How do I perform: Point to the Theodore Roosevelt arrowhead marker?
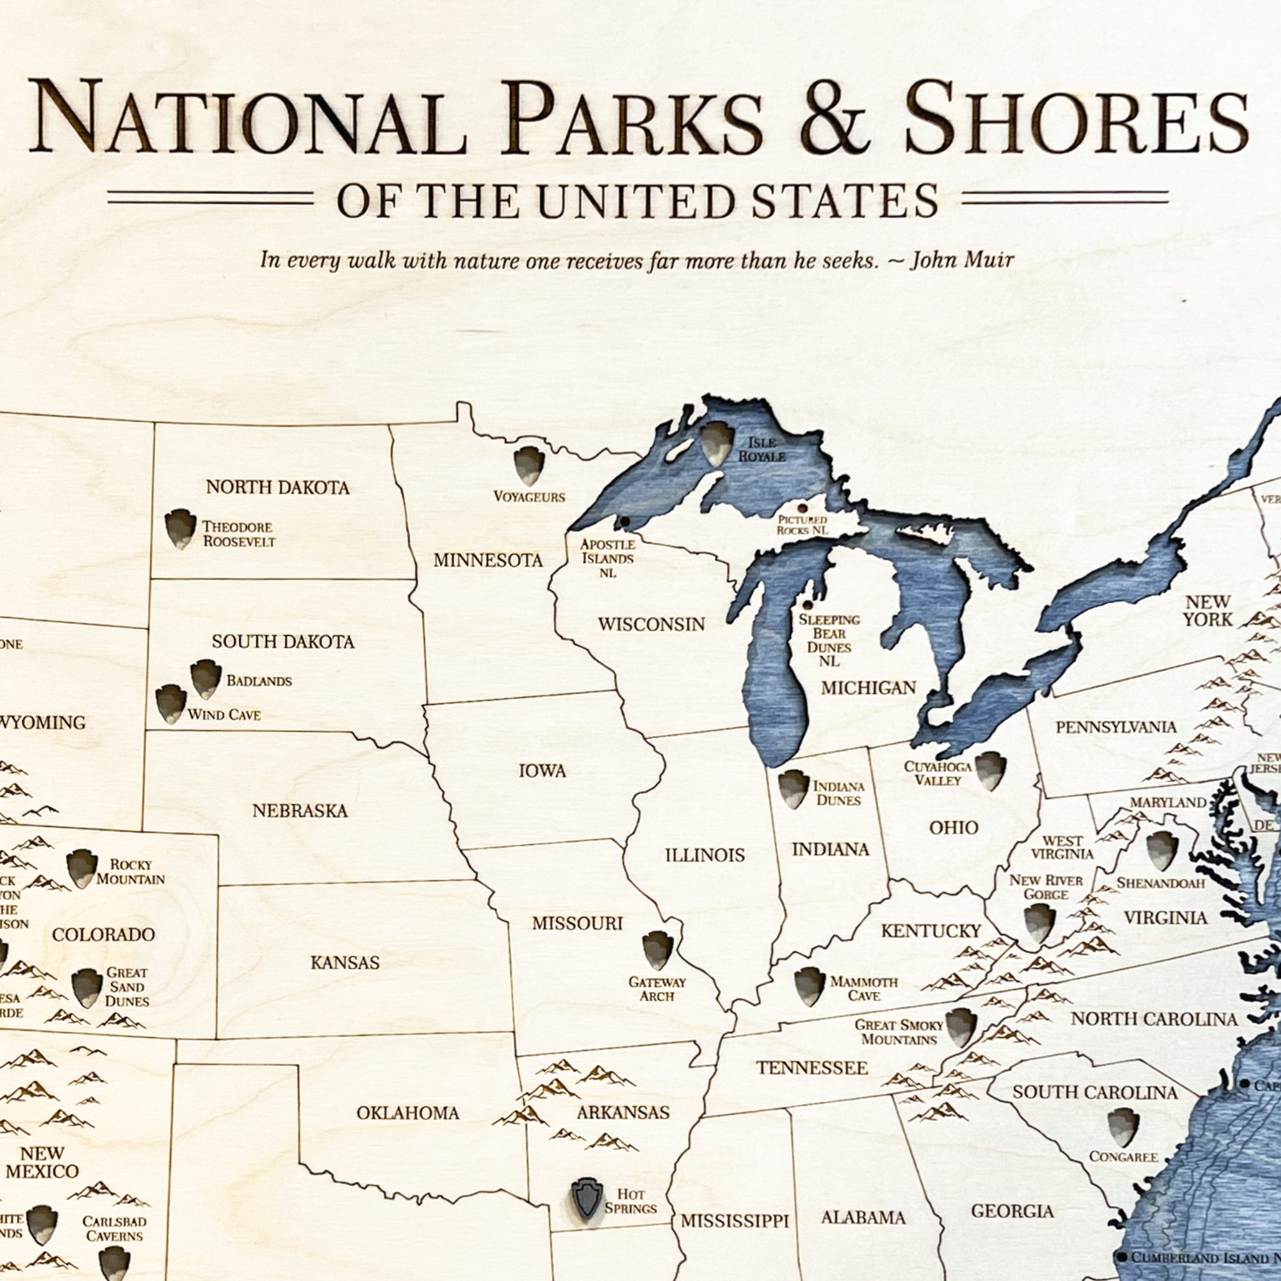click(180, 528)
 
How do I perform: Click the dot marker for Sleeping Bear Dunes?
click(808, 605)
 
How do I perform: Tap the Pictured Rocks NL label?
click(803, 525)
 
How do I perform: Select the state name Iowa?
click(542, 771)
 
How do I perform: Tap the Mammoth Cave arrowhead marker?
click(809, 986)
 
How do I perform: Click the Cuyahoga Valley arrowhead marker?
click(990, 770)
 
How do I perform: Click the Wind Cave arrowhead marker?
click(170, 704)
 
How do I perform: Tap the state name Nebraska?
click(300, 810)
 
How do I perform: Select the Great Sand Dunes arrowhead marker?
click(86, 988)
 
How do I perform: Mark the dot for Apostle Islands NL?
click(624, 522)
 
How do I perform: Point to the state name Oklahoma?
click(407, 1113)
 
